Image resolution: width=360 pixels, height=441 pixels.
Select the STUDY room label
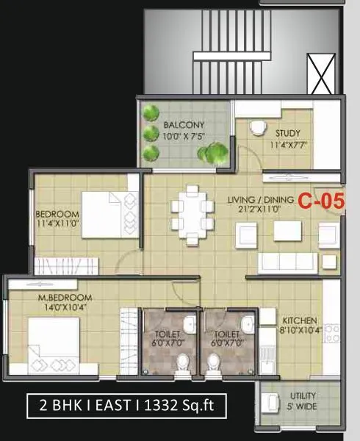[288, 133]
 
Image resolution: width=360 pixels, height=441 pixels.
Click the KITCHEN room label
[300, 321]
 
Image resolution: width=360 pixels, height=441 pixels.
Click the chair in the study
[256, 128]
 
